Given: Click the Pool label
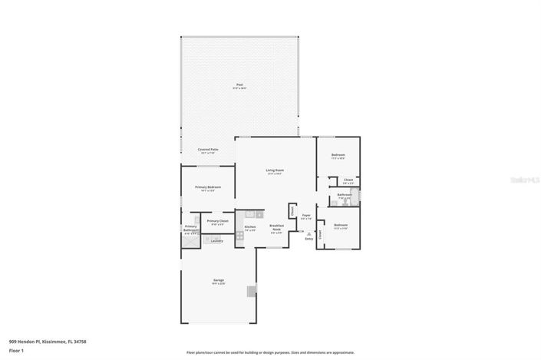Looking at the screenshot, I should [239, 84].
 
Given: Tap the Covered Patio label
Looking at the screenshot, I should [207, 150].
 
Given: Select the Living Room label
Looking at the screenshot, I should [275, 170].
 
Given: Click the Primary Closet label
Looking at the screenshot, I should [217, 221].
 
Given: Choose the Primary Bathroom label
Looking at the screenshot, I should [190, 228].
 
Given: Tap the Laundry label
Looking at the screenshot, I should [216, 241].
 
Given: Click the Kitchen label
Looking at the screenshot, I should [249, 226].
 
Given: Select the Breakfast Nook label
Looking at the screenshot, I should [276, 227].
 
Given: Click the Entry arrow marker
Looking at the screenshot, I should [308, 233].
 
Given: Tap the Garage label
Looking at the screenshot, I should [218, 280].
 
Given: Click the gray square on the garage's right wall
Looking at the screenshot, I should [250, 291].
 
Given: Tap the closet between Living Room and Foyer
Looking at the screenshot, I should [292, 210].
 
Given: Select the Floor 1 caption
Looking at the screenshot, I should [16, 351].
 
